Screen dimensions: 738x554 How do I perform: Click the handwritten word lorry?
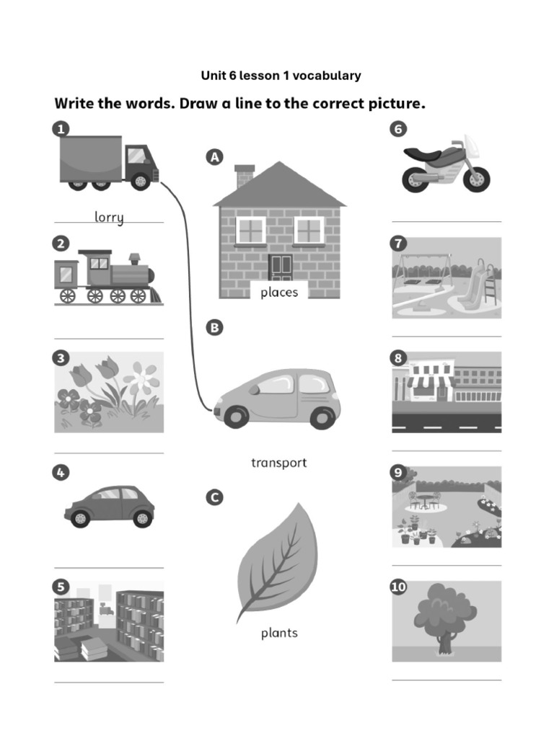[x=109, y=216]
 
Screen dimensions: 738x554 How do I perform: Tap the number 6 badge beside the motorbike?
[x=398, y=129]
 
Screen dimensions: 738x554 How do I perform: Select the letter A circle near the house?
[x=214, y=156]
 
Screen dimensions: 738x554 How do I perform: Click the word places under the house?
[x=279, y=292]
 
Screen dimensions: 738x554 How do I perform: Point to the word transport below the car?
[x=278, y=463]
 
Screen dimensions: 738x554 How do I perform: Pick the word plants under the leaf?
[x=279, y=633]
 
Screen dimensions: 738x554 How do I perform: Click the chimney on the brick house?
[x=245, y=175]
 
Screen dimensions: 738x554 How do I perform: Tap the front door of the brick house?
[x=281, y=267]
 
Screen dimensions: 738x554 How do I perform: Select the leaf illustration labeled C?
[x=278, y=562]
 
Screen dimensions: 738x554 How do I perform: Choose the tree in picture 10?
[x=444, y=617]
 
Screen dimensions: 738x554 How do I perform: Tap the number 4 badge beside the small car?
[x=61, y=473]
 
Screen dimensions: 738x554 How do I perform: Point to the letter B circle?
[x=214, y=327]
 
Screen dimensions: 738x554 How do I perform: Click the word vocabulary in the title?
[x=325, y=76]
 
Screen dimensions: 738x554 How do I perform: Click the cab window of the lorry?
[x=136, y=156]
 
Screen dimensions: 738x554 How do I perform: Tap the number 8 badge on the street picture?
[x=398, y=358]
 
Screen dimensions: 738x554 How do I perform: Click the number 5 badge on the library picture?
[x=61, y=587]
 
